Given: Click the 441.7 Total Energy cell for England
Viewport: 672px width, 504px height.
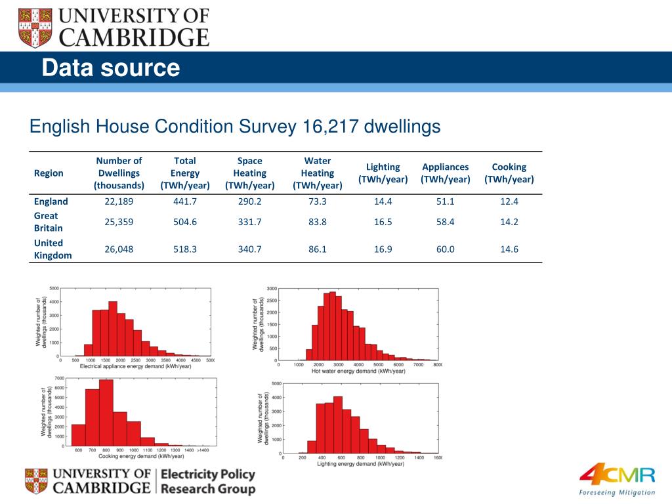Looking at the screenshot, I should coord(184,201).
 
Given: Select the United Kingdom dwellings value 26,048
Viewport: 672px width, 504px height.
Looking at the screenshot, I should coord(119,249).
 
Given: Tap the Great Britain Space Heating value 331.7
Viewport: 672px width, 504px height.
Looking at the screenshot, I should coord(249,222).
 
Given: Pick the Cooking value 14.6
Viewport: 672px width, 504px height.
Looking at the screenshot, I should coord(509,249).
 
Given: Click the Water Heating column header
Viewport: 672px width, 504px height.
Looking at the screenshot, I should coord(318,173).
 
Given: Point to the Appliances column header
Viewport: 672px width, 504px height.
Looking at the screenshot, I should coord(446,173).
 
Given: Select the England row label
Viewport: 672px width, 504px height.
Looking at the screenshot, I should coord(51,201).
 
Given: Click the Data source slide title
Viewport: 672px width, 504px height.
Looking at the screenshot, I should coord(110,68).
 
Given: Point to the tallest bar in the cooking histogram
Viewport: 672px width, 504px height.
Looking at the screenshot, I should coord(106,413).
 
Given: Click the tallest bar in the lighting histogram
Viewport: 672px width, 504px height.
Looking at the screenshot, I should coord(338,423).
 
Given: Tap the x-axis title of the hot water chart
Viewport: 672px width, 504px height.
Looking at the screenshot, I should coord(359,371).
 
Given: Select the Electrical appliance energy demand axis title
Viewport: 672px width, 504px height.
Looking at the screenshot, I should coord(135,366).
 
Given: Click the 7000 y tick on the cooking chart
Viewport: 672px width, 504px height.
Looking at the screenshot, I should coord(58,378).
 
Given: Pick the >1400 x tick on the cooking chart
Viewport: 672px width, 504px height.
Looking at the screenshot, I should coord(203,450).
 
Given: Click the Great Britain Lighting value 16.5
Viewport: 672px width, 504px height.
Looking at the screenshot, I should coord(383,222).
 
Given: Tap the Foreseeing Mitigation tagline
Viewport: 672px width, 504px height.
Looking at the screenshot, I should coord(617,492).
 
